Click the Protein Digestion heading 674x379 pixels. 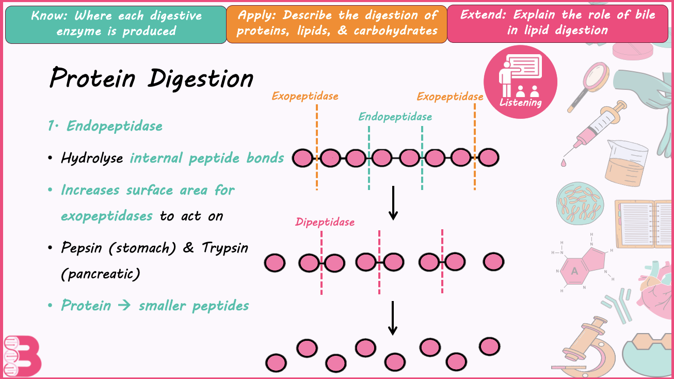pyautogui.click(x=151, y=79)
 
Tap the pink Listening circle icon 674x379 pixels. pyautogui.click(x=520, y=82)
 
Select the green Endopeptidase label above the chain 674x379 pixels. pyautogui.click(x=395, y=117)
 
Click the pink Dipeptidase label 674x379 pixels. pyautogui.click(x=325, y=222)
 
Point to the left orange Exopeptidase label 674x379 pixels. pyautogui.click(x=305, y=96)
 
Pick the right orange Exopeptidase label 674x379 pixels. pyautogui.click(x=450, y=97)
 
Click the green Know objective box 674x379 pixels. pyautogui.click(x=116, y=24)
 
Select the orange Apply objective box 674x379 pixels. pyautogui.click(x=336, y=24)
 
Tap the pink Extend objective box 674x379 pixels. pyautogui.click(x=557, y=23)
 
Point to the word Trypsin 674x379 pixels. pyautogui.click(x=225, y=248)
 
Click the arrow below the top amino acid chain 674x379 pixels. pyautogui.click(x=393, y=202)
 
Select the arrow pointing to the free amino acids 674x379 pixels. pyautogui.click(x=393, y=318)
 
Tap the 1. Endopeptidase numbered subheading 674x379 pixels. pyautogui.click(x=105, y=126)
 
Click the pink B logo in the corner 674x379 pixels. pyautogui.click(x=23, y=356)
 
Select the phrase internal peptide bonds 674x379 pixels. pyautogui.click(x=207, y=158)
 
